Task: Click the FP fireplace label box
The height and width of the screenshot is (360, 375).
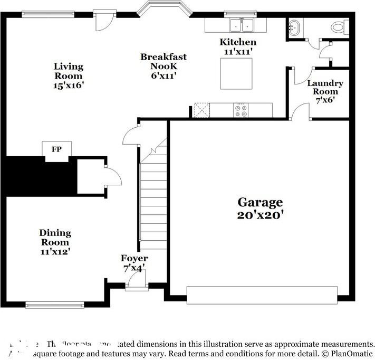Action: click(56, 150)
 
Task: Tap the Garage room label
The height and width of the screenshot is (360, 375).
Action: click(260, 202)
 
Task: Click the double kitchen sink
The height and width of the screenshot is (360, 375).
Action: click(242, 24)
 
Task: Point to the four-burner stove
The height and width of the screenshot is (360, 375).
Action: click(241, 110)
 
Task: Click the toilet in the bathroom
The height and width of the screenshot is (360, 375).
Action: click(338, 26)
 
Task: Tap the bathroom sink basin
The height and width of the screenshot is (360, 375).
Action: click(294, 26)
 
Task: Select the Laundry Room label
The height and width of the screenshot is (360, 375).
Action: click(325, 83)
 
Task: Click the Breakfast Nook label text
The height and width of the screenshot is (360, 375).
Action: click(163, 57)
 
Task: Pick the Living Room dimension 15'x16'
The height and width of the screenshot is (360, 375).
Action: click(69, 84)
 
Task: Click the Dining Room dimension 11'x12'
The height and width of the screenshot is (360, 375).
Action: click(55, 251)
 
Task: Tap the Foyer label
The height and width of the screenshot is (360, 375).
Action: click(134, 258)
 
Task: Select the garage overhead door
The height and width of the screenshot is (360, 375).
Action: click(262, 295)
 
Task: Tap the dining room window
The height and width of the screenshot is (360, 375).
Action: click(55, 305)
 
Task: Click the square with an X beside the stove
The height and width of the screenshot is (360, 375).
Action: click(201, 110)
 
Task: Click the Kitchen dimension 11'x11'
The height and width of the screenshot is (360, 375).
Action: click(238, 52)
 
